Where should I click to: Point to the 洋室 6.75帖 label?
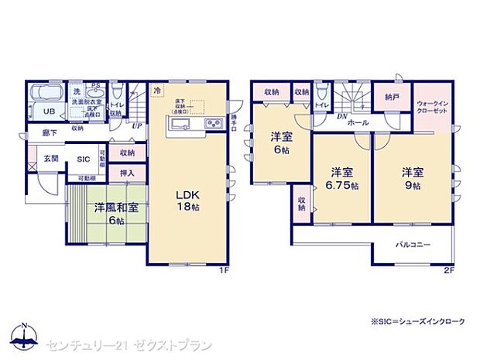(341, 179)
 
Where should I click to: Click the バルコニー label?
(413, 245)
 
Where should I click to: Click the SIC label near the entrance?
(83, 159)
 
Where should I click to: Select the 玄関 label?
(50, 158)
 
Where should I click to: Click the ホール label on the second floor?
(358, 122)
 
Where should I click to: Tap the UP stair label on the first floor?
(137, 126)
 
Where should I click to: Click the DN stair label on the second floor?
(341, 116)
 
